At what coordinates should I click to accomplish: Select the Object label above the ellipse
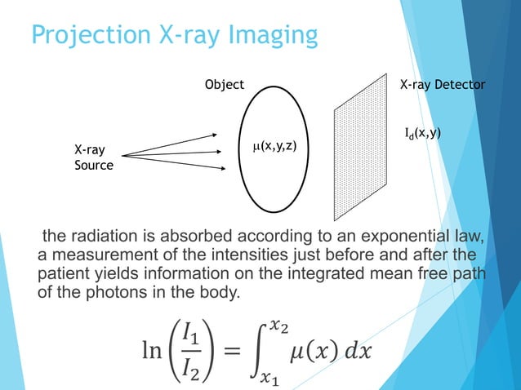(224, 85)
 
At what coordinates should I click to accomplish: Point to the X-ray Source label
(92, 158)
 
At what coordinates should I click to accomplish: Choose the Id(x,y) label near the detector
(423, 133)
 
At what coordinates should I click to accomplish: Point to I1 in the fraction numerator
(190, 335)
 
